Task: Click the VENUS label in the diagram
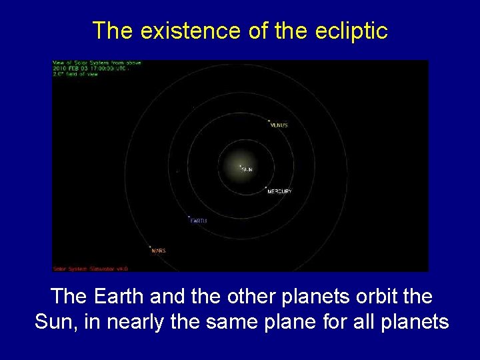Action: [279, 125]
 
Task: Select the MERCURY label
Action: [279, 191]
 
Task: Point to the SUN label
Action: [247, 170]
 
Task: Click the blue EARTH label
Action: [199, 221]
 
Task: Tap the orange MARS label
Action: [159, 251]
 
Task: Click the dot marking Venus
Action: [269, 121]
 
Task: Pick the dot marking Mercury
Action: [265, 187]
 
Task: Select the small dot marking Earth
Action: [189, 217]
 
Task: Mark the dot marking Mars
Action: [150, 247]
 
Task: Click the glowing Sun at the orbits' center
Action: [240, 166]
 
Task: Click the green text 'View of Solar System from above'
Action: [97, 63]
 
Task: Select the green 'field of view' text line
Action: [75, 74]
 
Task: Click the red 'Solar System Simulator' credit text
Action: [90, 269]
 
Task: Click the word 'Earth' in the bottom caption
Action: [113, 295]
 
